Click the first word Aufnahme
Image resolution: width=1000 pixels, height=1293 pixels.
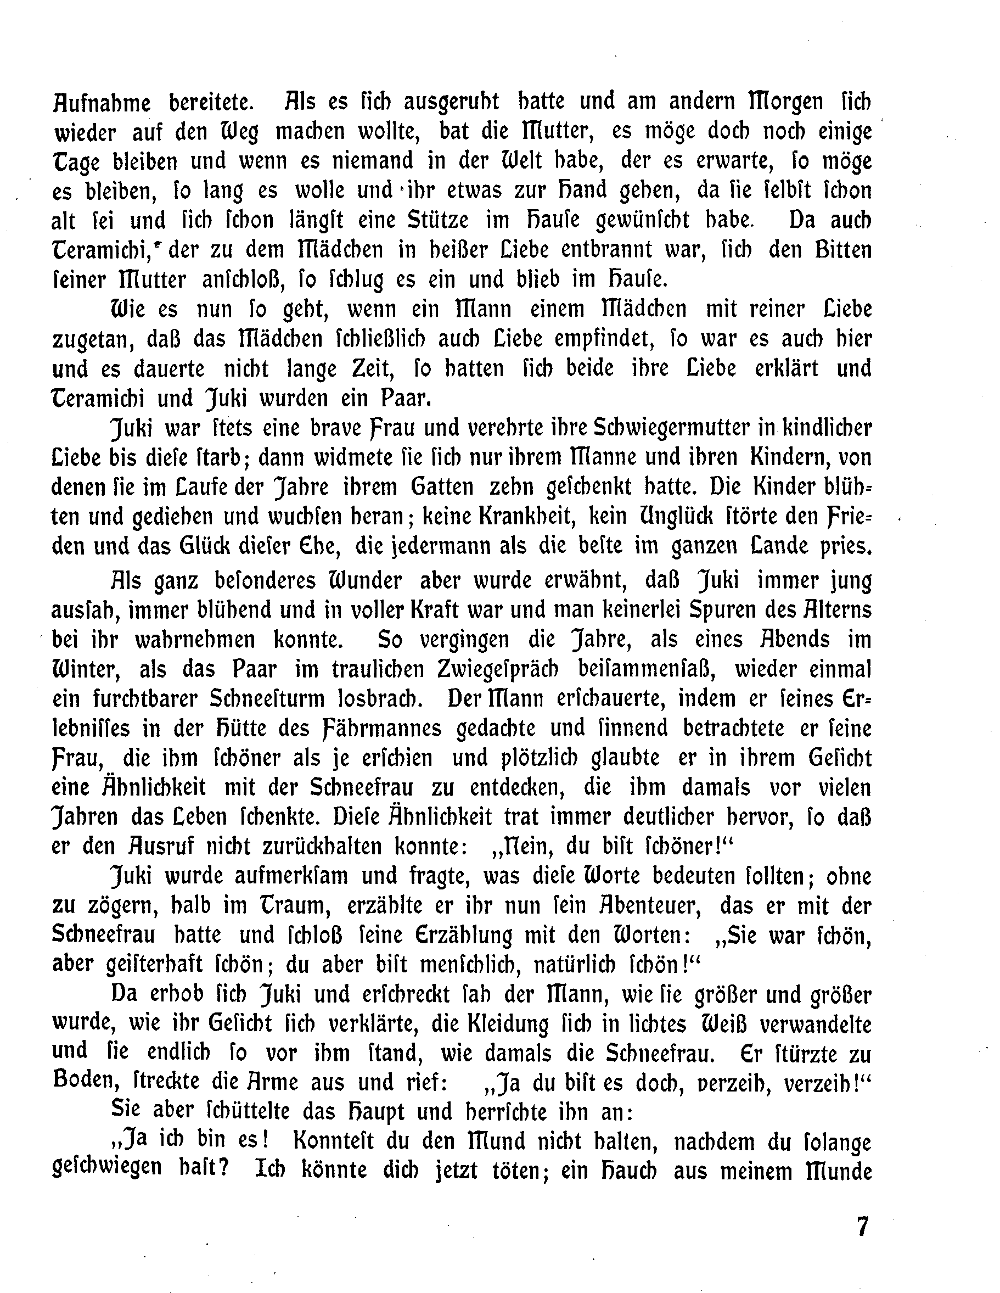tap(100, 103)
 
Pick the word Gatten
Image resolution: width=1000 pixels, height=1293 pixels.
tap(442, 486)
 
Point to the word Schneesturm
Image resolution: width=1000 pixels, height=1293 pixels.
tap(267, 698)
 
